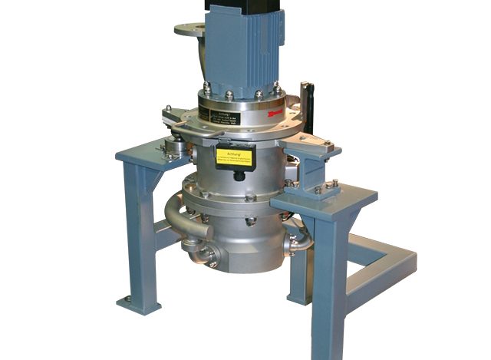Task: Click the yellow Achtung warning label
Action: [233, 158]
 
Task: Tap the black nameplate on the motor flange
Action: [223, 115]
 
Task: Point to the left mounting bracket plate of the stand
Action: [146, 153]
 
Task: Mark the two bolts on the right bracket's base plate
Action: [327, 186]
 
